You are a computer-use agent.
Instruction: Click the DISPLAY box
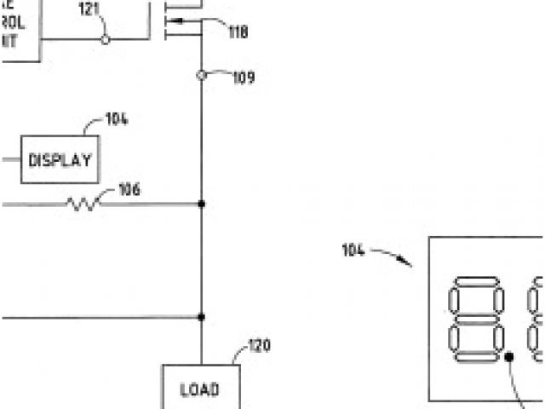tap(60, 159)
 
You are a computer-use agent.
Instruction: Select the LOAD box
tap(201, 389)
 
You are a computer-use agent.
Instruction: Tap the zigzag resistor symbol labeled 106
tap(83, 204)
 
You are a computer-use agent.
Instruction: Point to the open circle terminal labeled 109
tap(201, 75)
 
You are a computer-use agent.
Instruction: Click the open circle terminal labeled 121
tap(105, 39)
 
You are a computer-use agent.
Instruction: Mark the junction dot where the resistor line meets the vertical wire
tap(201, 204)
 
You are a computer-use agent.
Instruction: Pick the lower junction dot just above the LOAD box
tap(201, 316)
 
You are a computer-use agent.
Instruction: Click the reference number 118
tap(238, 32)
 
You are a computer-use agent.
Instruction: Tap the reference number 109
tap(244, 78)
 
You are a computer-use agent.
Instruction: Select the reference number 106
tap(129, 189)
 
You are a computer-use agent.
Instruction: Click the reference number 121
tap(89, 10)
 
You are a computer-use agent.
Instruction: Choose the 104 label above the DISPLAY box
tap(117, 118)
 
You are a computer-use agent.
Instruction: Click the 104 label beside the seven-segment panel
tap(353, 250)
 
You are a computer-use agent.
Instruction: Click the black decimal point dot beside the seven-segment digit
tap(509, 357)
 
